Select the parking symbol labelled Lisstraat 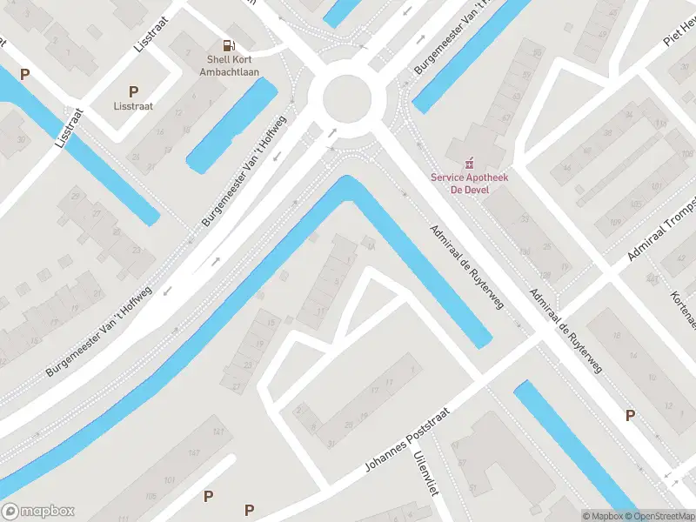click(133, 91)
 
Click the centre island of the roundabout click(346, 99)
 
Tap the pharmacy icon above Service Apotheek click(471, 162)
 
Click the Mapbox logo click(38, 512)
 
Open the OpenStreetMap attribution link click(659, 516)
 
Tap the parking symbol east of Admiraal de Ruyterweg click(630, 416)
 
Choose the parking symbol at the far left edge click(25, 75)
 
